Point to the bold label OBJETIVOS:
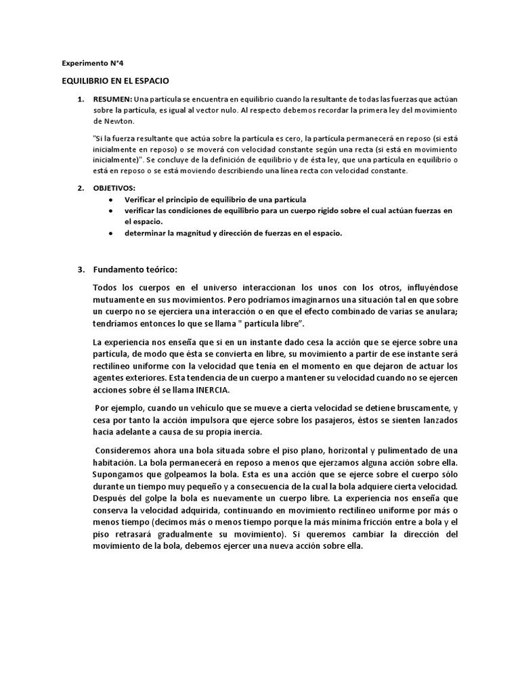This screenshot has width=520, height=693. pos(115,187)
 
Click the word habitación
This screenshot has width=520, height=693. pos(114,462)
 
